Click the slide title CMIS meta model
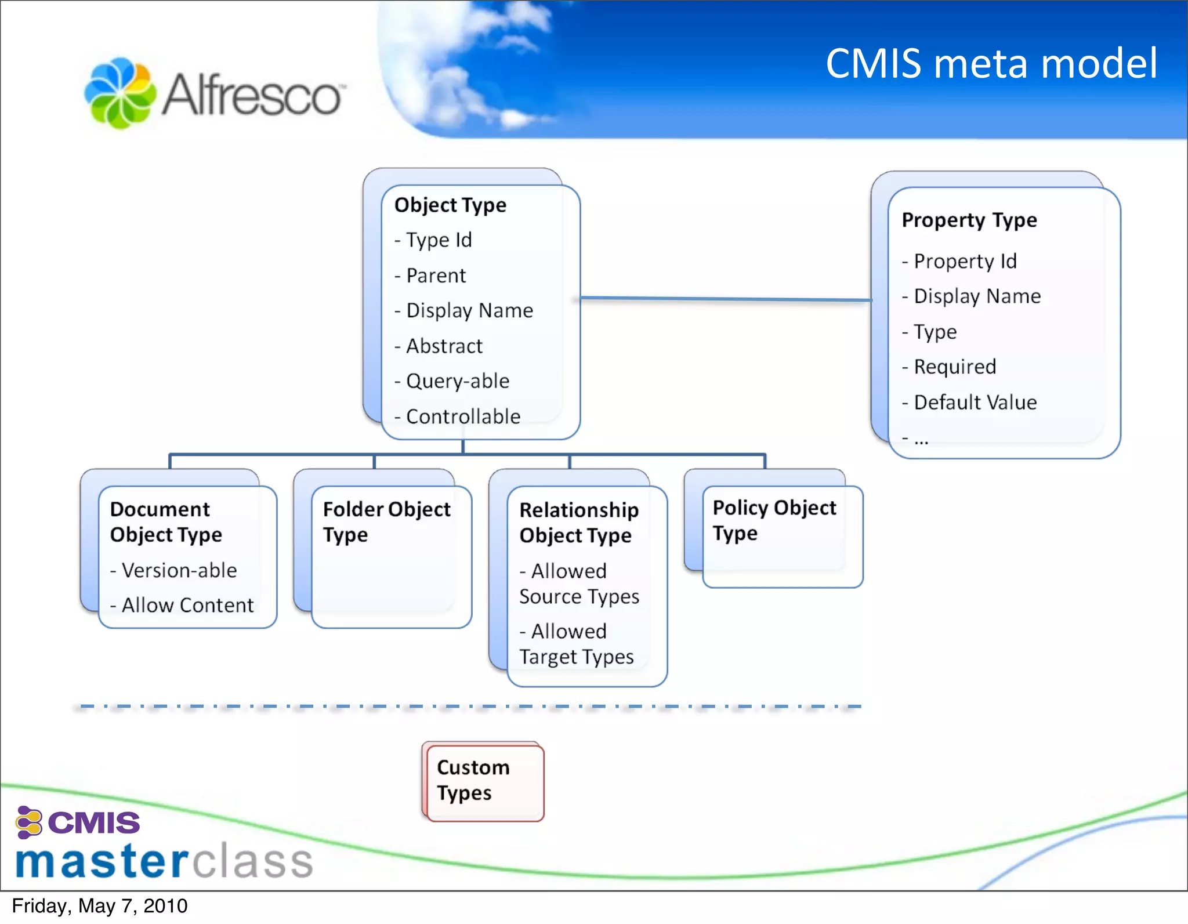tap(991, 63)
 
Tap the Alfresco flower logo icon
tap(120, 93)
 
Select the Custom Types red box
tap(483, 781)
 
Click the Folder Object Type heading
tap(386, 521)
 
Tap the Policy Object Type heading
tap(774, 520)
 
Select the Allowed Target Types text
tap(576, 644)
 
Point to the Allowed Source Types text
tap(579, 584)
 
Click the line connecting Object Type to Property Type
tap(725, 299)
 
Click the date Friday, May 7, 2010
tap(99, 906)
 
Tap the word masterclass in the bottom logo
tap(164, 861)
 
